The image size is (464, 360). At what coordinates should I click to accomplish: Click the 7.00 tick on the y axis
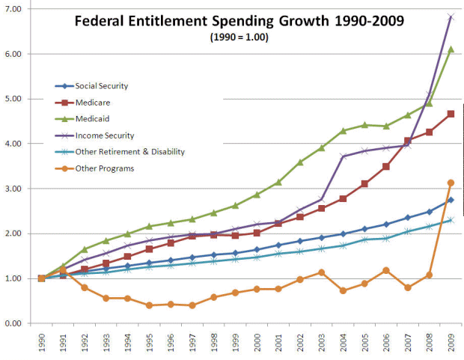[14, 9]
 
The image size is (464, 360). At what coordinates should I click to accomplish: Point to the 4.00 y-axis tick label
[14, 144]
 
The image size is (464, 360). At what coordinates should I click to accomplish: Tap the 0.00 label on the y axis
[14, 323]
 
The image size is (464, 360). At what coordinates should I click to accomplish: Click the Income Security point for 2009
[450, 16]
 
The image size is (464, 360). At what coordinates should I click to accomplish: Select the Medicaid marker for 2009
[450, 49]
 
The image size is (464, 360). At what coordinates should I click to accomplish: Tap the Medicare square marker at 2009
[450, 114]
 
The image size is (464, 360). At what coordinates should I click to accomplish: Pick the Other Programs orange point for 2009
[450, 183]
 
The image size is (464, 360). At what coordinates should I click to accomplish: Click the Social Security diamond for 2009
[450, 200]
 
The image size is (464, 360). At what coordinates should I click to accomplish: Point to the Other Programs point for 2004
[343, 290]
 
